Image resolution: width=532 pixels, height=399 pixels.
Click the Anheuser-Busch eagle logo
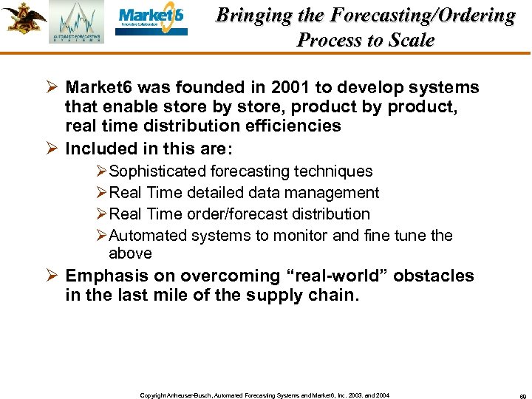tap(23, 18)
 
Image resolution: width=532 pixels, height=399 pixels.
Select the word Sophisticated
tap(157, 171)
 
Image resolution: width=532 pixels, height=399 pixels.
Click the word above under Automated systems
tap(130, 253)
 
